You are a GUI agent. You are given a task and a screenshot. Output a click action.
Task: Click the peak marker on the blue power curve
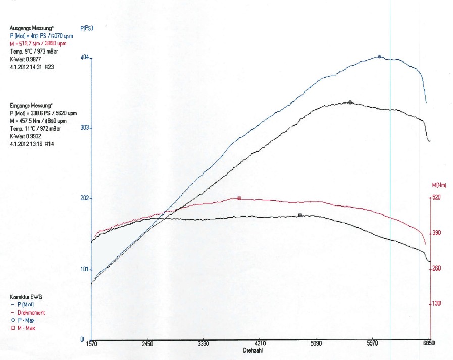pyautogui.click(x=380, y=57)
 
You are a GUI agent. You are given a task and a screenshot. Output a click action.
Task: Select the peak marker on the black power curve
pyautogui.click(x=350, y=102)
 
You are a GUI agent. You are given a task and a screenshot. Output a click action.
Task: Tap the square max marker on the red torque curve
pyautogui.click(x=239, y=198)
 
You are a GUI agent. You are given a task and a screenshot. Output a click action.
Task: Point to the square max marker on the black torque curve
pyautogui.click(x=300, y=215)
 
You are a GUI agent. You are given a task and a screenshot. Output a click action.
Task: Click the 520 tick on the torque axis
pyautogui.click(x=437, y=198)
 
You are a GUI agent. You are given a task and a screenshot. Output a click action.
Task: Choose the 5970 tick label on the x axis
pyautogui.click(x=372, y=344)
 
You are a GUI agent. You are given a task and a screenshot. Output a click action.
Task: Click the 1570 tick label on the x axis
pyautogui.click(x=91, y=344)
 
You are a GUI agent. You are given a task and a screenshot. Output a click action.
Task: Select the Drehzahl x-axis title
pyautogui.click(x=252, y=350)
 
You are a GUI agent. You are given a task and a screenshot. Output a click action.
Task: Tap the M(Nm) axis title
pyautogui.click(x=438, y=185)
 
